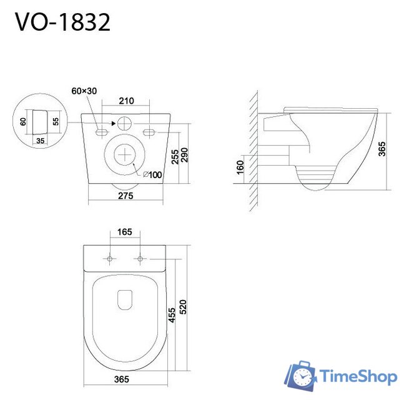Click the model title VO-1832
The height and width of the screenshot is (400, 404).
[62, 22]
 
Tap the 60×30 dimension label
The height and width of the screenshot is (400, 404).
[84, 91]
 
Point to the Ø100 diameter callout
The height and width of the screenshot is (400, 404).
[152, 174]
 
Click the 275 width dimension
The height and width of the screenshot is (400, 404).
[126, 196]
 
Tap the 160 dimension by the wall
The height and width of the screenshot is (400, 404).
[240, 167]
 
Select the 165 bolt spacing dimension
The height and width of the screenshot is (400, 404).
[124, 232]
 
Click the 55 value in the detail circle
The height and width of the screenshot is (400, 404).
[55, 121]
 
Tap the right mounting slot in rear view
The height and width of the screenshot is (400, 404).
[149, 132]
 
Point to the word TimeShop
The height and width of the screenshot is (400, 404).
[358, 376]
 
